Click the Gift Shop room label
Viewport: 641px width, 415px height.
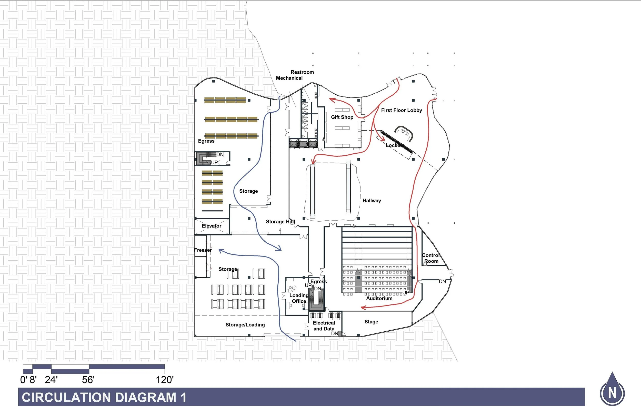click(x=342, y=117)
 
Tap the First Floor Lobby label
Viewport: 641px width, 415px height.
click(x=401, y=110)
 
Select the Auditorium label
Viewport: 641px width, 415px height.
click(x=379, y=298)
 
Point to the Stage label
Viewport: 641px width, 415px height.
click(x=371, y=322)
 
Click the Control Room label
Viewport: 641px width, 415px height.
click(x=431, y=258)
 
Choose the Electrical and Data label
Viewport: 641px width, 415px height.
click(x=324, y=326)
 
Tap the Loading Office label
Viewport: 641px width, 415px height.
click(x=299, y=298)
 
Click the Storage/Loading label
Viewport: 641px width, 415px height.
click(x=245, y=325)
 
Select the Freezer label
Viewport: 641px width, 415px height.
click(x=203, y=250)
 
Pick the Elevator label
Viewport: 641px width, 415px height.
click(x=212, y=226)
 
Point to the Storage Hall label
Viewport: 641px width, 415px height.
click(x=280, y=222)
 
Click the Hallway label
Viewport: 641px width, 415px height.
click(x=372, y=201)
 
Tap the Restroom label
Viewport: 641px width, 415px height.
click(x=302, y=72)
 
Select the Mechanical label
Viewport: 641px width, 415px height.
click(x=289, y=78)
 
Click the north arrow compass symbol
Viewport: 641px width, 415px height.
click(x=612, y=390)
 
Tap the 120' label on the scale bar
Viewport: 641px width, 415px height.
click(x=165, y=380)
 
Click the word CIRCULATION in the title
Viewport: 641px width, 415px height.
click(x=68, y=398)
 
